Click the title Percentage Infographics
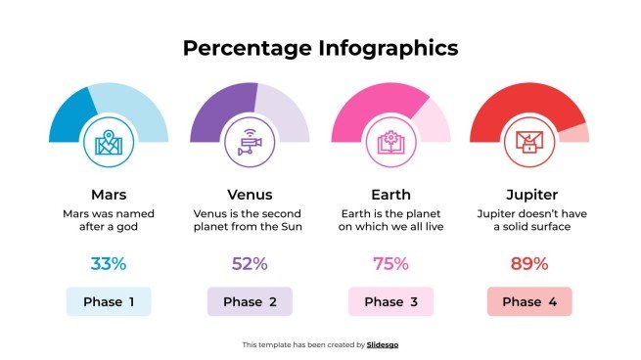320,47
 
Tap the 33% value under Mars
108,263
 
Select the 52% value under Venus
250,263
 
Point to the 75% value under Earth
390,263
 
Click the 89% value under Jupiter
529,263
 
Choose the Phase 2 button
250,301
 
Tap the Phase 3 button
390,301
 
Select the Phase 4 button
529,301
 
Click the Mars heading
108,194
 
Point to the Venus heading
250,194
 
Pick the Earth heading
390,194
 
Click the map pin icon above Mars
108,143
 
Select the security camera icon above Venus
250,143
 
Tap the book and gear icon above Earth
390,143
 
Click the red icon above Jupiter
529,143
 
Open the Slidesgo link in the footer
383,344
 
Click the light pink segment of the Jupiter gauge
578,133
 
